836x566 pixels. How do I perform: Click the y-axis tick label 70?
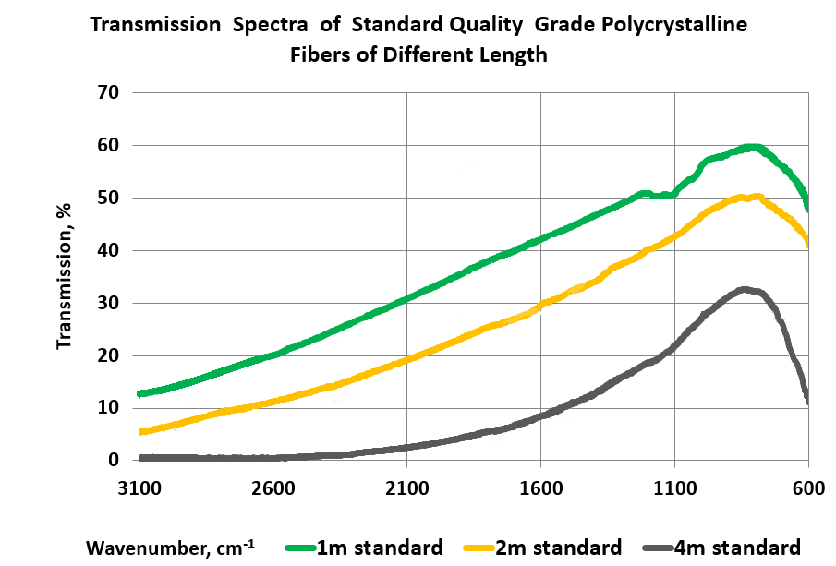pos(109,92)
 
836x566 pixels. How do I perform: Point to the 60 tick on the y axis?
pos(109,145)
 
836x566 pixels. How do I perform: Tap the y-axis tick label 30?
pos(109,303)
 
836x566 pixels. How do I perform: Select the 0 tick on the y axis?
pos(114,460)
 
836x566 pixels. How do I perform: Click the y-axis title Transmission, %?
pos(65,277)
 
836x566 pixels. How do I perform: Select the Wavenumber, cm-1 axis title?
pos(170,547)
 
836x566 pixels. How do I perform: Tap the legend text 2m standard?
pos(557,547)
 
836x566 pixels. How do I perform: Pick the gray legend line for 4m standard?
pos(655,547)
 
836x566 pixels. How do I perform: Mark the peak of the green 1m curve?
pos(752,147)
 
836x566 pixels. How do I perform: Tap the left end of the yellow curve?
pos(139,431)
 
